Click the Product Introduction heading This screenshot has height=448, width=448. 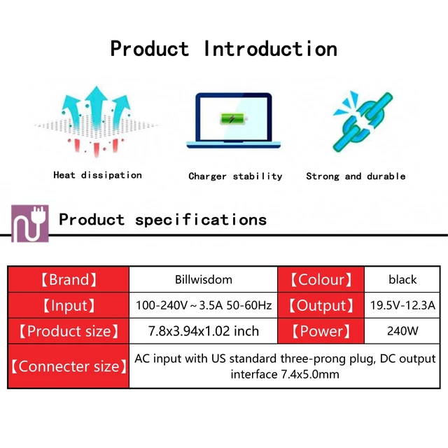[x=224, y=48]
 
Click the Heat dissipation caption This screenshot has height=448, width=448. [x=97, y=175]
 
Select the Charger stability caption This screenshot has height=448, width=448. [x=235, y=176]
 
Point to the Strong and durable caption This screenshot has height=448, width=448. [x=356, y=176]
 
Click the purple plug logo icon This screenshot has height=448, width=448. [x=29, y=223]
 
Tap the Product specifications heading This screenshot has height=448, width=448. [x=162, y=220]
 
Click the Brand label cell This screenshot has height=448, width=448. [x=69, y=279]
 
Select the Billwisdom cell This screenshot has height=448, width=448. [x=204, y=279]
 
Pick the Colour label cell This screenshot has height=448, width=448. [x=321, y=279]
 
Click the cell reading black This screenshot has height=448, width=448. [x=402, y=279]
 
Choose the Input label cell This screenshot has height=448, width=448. [x=69, y=305]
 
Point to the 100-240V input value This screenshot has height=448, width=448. [x=204, y=305]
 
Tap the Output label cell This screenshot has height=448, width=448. [x=321, y=305]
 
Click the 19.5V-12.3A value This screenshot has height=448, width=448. [x=402, y=305]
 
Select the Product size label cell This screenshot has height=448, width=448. [x=69, y=331]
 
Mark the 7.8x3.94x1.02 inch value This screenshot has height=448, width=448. [x=204, y=331]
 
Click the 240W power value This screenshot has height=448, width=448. [x=402, y=331]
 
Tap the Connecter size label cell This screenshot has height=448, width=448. [x=69, y=366]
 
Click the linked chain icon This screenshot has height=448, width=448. [x=363, y=121]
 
